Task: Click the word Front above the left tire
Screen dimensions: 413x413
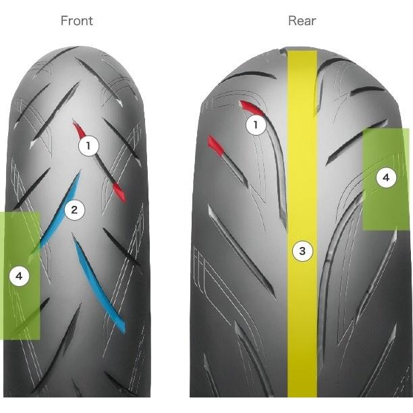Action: tap(77, 20)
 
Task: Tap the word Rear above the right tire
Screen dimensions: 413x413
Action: tap(302, 20)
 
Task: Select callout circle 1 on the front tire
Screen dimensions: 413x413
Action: tap(88, 145)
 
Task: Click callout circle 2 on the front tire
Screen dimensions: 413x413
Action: tap(75, 210)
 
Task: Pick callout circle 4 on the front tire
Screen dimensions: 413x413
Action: tap(20, 275)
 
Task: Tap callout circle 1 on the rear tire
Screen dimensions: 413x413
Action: tap(255, 125)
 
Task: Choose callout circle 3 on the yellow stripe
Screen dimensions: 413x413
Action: tap(302, 252)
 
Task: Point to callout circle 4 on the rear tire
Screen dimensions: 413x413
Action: tap(385, 178)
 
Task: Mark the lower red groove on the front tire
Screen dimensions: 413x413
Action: tap(118, 190)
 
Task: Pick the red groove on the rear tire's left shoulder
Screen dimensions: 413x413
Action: tap(215, 144)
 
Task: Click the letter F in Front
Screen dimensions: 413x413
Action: tap(64, 20)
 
